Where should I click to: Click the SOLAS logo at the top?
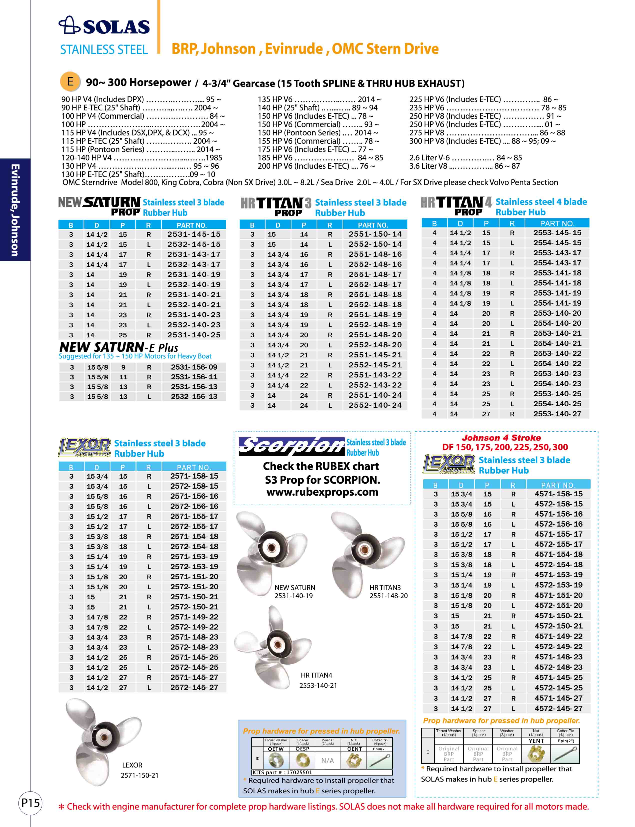104,26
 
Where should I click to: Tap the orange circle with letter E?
70,81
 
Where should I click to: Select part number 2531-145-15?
193,234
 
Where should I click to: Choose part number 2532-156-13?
194,397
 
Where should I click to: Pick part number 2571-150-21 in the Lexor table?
194,597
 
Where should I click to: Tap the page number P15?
30,803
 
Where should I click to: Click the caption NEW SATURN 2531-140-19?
294,592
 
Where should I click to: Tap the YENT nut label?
536,741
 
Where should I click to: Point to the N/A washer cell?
327,761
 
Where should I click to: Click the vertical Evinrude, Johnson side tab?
15,210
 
